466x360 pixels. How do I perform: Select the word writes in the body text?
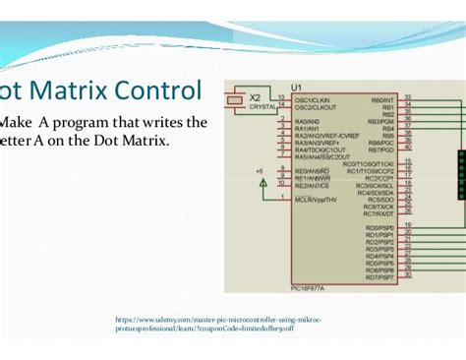pos(162,123)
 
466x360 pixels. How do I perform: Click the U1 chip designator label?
pos(299,87)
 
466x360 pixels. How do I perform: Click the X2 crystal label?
pos(255,98)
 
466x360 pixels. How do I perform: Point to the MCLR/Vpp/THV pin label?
pos(317,199)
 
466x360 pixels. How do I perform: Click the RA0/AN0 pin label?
pos(307,121)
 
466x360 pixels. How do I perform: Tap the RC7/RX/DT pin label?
pos(379,213)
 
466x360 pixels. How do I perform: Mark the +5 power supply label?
pos(260,171)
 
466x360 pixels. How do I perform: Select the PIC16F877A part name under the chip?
pos(308,289)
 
